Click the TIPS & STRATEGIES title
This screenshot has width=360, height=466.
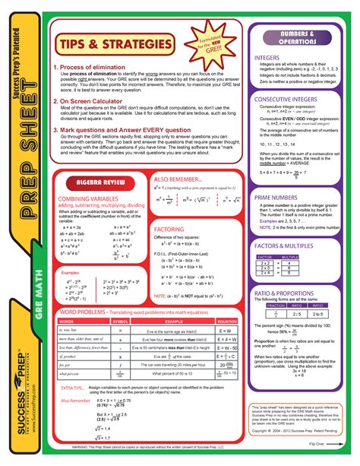(x=113, y=46)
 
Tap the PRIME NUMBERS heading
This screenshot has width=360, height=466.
(x=275, y=197)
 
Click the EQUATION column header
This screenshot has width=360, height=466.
(x=224, y=322)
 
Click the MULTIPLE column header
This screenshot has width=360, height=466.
(x=289, y=258)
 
